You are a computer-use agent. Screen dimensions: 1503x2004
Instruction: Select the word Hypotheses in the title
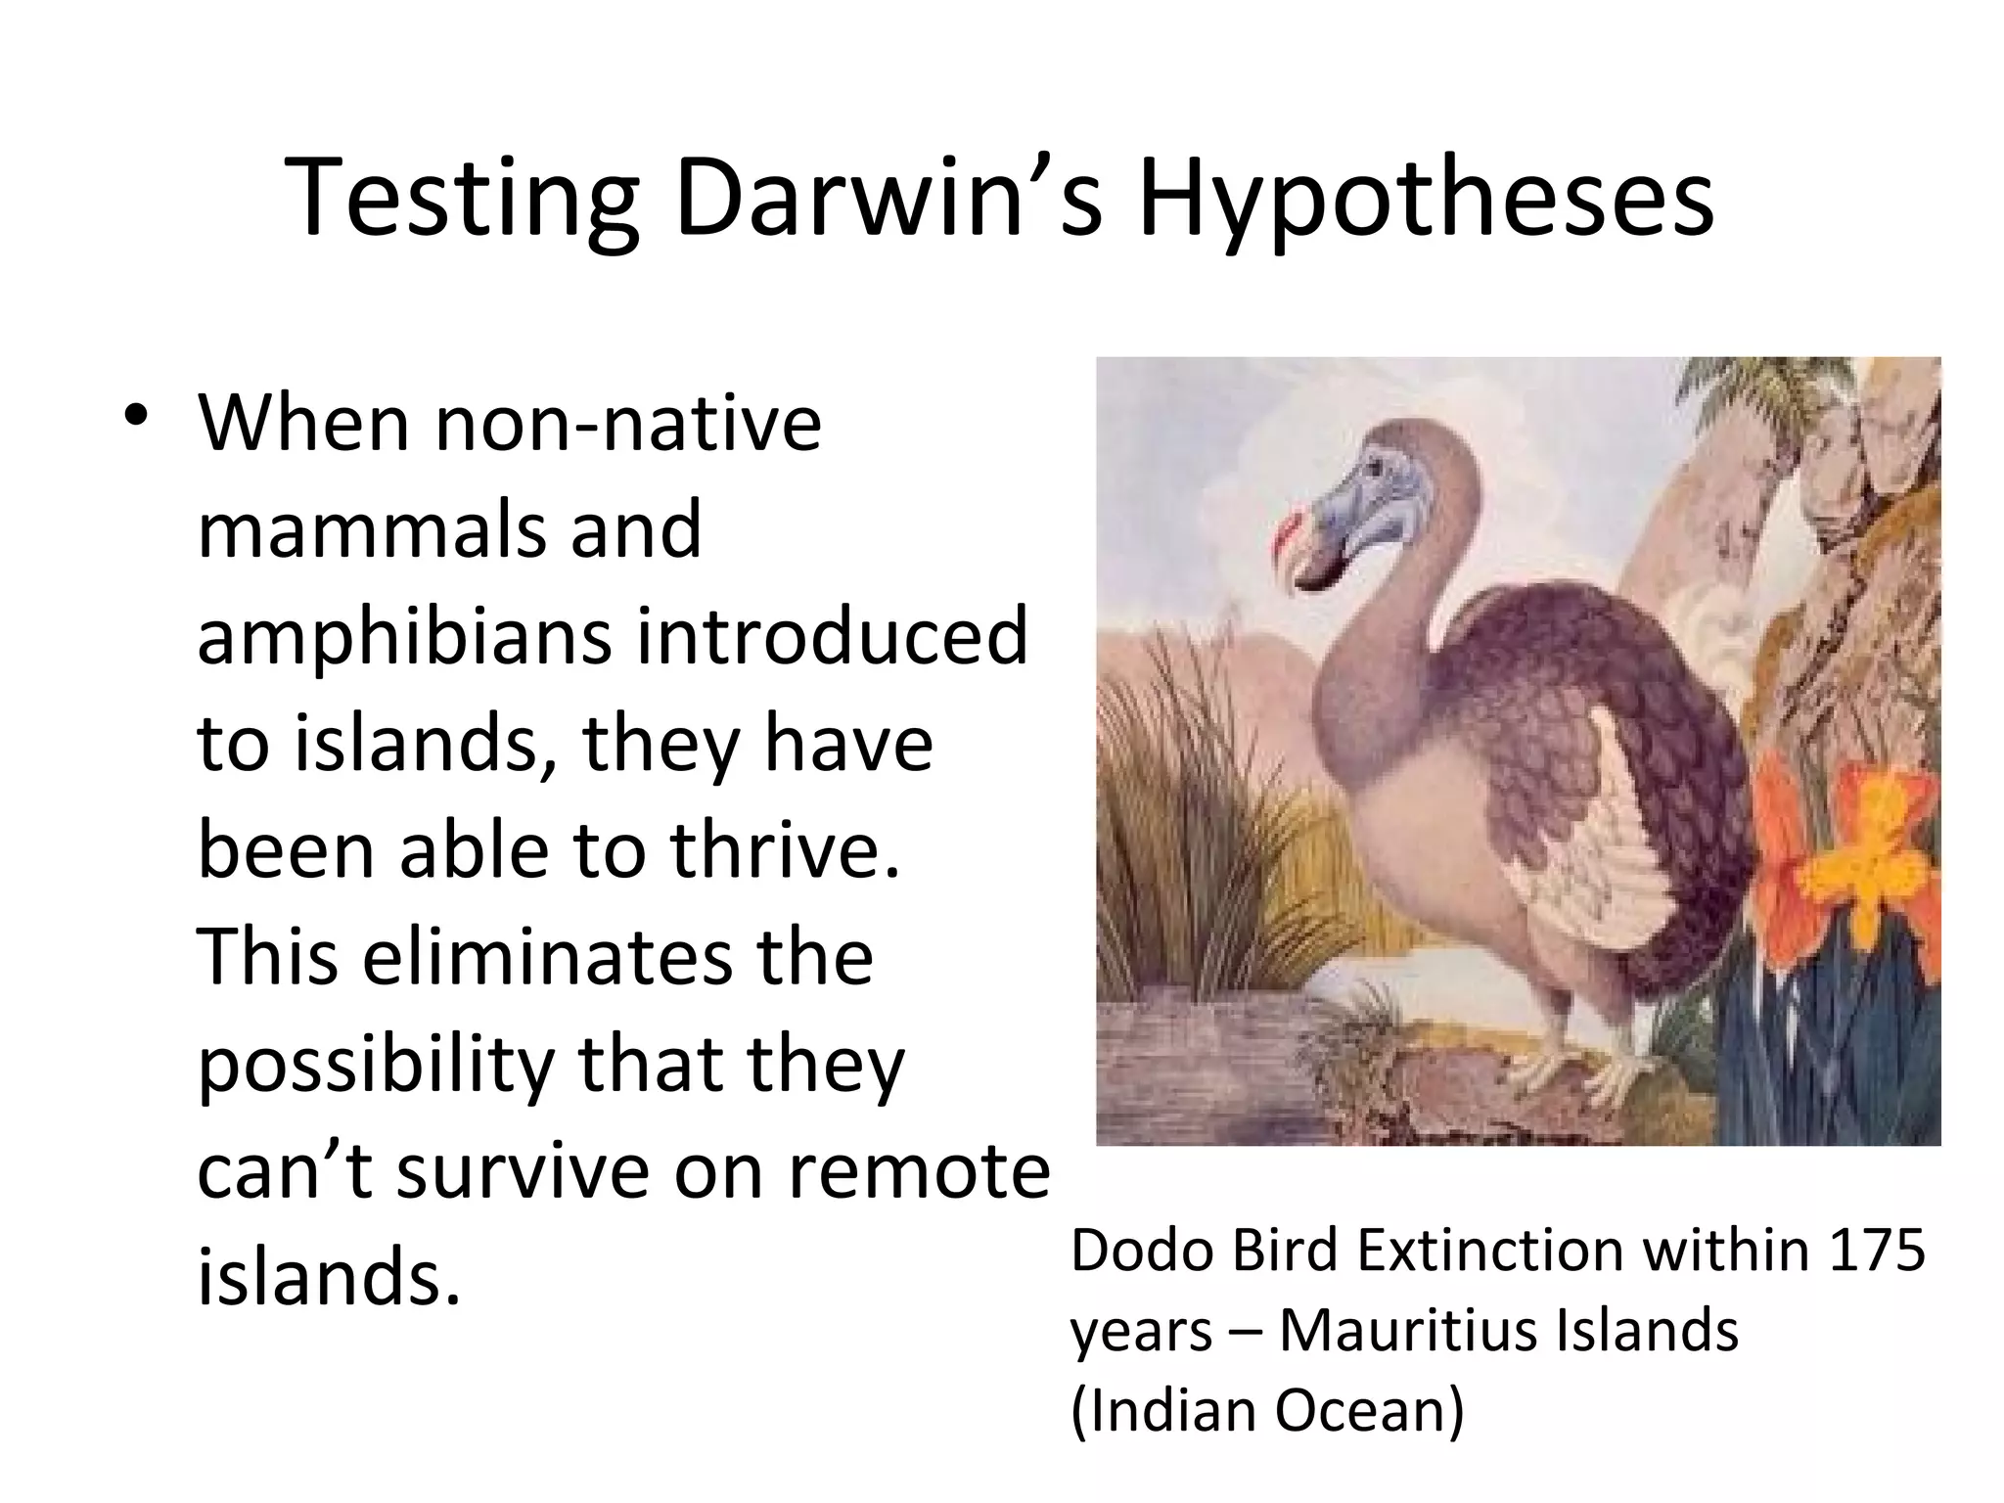coord(1425,201)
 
